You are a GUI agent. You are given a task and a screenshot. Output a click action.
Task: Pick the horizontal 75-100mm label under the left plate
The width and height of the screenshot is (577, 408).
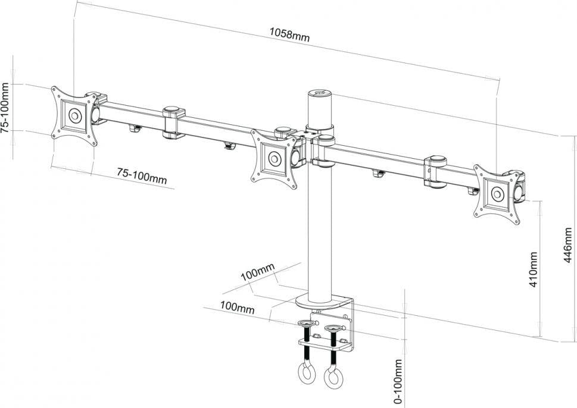coord(141,175)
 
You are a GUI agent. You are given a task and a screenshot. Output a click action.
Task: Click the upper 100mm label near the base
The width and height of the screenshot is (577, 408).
coord(257,275)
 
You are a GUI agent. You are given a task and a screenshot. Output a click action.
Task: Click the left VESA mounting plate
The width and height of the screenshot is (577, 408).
coord(74,115)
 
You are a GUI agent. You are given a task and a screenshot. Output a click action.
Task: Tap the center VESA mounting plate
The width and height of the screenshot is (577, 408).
coord(275,158)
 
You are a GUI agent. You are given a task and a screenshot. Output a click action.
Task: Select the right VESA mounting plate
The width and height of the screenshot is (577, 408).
coord(498,194)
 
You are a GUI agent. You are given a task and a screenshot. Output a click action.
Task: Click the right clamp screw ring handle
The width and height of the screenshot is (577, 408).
coord(331,376)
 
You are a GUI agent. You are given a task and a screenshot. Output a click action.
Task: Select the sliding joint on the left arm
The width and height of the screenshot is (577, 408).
coord(173,121)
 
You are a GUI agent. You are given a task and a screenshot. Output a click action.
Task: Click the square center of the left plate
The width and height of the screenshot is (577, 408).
coord(74,115)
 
